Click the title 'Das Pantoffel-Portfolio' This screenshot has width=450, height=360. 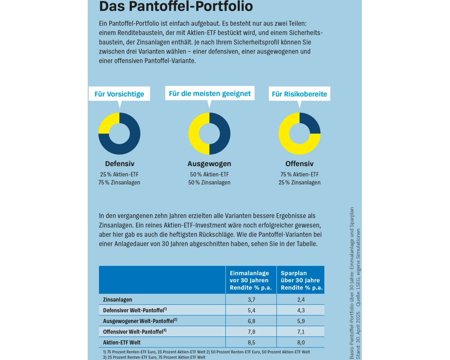click(176, 6)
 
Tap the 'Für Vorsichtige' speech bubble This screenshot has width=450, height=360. click(119, 94)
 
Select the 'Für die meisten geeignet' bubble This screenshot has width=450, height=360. click(209, 94)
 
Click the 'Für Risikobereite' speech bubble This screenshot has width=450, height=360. click(299, 94)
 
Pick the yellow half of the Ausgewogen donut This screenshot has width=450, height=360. click(195, 133)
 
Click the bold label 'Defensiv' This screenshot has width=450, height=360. click(120, 164)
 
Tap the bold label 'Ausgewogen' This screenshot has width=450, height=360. click(209, 164)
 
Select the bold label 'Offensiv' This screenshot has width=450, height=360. click(299, 164)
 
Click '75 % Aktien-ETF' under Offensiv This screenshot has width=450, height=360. click(299, 175)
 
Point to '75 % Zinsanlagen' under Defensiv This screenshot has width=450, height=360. click(120, 182)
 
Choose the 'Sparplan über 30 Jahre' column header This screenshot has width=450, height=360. click(300, 280)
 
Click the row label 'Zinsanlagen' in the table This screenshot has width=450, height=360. click(117, 299)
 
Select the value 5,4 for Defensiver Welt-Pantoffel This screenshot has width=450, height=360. click(251, 310)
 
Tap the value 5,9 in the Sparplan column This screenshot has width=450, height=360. click(300, 321)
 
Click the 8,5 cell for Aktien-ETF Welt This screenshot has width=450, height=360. click(251, 342)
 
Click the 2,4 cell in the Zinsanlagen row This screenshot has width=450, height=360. click(300, 299)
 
